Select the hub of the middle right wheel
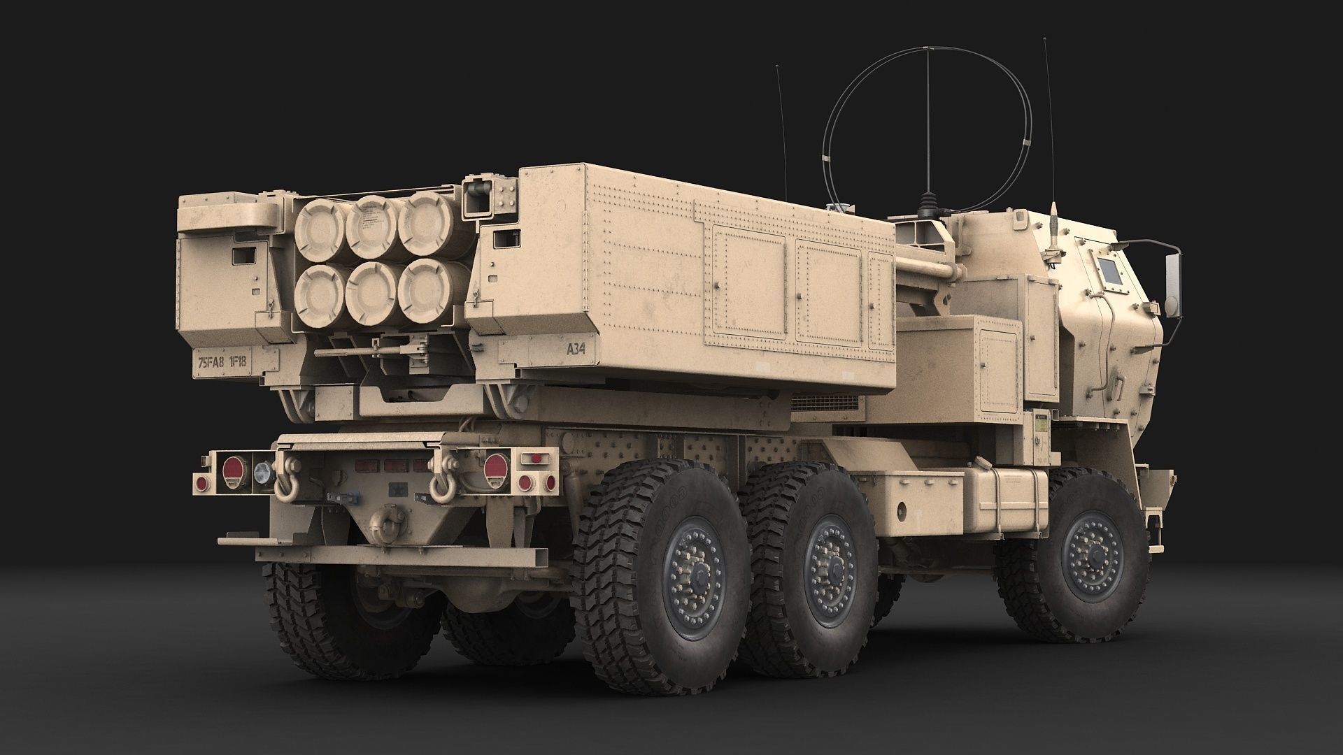(x=830, y=565)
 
